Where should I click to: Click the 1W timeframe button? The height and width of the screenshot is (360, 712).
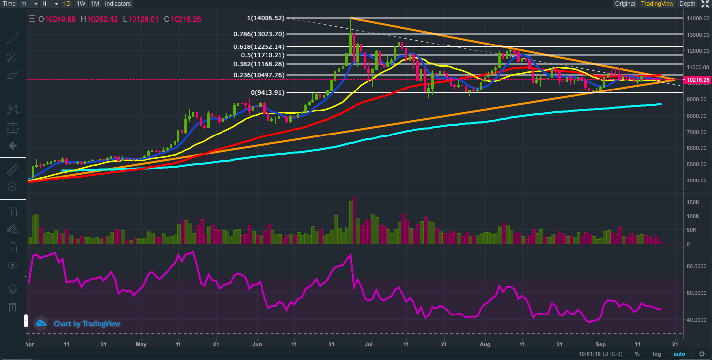[x=81, y=4]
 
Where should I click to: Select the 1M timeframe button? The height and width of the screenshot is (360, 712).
[x=95, y=4]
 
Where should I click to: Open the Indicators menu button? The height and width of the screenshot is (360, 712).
[x=118, y=4]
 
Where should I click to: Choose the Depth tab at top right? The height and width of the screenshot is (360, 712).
[x=687, y=4]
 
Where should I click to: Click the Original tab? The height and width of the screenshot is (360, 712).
[x=625, y=4]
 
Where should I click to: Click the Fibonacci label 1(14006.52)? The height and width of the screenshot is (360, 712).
[x=266, y=18]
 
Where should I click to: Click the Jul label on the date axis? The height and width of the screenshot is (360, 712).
[x=368, y=343]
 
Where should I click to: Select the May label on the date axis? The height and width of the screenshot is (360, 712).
[x=141, y=343]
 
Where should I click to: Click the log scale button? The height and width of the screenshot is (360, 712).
[x=656, y=354]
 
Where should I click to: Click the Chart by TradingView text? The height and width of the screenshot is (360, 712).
[x=87, y=324]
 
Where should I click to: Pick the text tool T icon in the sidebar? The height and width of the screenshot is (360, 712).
[x=13, y=92]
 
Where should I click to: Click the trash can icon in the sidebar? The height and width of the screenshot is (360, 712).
[x=13, y=307]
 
